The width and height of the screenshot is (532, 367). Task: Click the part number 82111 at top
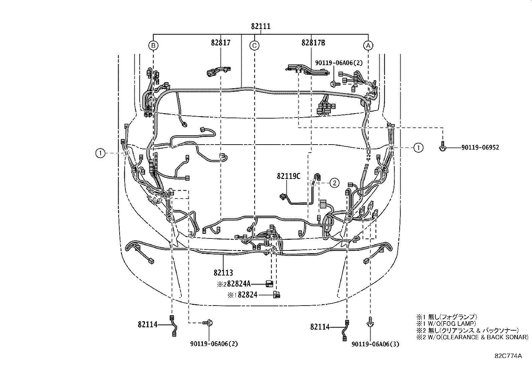point(261,26)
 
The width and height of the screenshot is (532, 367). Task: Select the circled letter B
point(153,45)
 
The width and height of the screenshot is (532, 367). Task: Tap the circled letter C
point(254,45)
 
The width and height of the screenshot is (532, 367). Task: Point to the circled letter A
point(368,45)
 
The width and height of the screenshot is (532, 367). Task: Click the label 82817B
point(313,43)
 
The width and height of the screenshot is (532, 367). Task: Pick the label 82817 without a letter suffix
point(221,43)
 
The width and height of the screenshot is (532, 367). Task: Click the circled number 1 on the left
point(100,153)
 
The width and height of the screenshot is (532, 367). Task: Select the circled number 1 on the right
point(418,147)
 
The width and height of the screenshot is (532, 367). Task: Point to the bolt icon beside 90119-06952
point(442,148)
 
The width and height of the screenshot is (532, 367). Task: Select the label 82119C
point(288,176)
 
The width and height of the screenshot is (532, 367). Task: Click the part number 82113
point(223,273)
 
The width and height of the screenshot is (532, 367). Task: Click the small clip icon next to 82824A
point(269,284)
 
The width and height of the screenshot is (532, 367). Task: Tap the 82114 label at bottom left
point(147,324)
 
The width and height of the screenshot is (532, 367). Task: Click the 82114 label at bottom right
point(320,327)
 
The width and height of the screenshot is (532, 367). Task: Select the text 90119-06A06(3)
point(375,344)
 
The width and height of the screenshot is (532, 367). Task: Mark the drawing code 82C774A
point(508,356)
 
